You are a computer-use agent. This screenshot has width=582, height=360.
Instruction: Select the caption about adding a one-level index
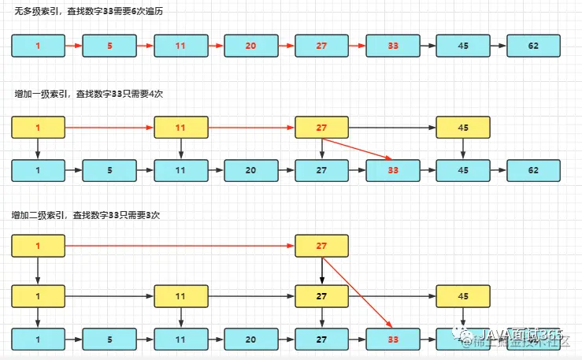click(x=89, y=94)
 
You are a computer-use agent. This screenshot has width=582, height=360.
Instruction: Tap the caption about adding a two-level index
click(x=89, y=215)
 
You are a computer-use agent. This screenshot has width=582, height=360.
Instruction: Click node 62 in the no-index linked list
click(x=533, y=46)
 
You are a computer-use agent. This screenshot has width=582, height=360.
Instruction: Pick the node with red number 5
click(x=109, y=46)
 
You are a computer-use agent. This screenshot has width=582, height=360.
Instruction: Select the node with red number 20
click(x=250, y=46)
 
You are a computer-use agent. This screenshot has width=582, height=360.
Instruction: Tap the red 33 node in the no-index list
click(x=392, y=46)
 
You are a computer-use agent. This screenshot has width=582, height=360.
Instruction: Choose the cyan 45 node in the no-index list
click(x=462, y=46)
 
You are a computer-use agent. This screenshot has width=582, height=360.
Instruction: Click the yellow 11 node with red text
click(x=180, y=127)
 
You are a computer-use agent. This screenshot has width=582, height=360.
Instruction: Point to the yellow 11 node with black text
click(x=180, y=296)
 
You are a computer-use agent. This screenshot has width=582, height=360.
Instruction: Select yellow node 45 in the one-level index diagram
click(x=462, y=127)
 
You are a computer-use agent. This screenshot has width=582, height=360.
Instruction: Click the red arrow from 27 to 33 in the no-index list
click(x=357, y=46)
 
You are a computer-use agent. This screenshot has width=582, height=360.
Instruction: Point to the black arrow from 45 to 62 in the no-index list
click(x=498, y=46)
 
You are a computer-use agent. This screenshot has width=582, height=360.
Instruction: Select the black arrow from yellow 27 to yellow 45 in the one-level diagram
click(x=392, y=127)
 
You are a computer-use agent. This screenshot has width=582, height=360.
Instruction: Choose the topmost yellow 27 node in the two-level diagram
click(x=321, y=247)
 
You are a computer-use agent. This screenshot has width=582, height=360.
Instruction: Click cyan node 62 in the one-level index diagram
click(x=533, y=169)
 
